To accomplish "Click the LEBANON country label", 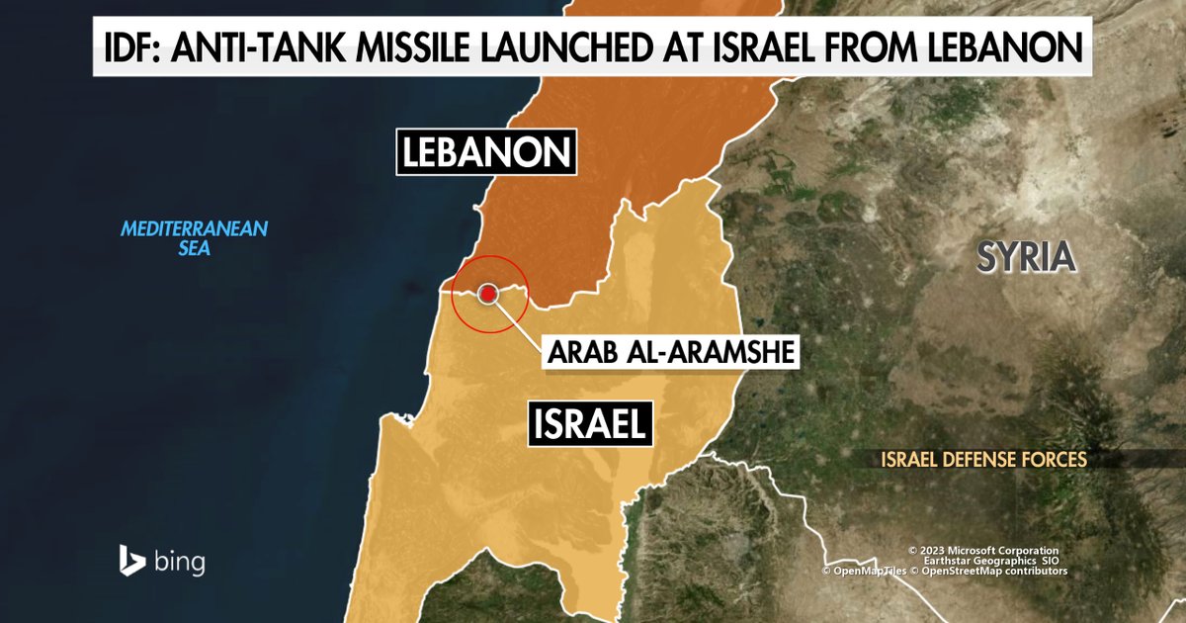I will [486, 152].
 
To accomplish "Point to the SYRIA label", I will [1025, 257].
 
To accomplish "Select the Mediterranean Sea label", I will [195, 238].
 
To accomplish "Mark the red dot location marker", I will [488, 294].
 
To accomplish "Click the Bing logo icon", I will [132, 560].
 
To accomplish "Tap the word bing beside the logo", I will [180, 563].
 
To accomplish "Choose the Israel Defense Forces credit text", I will [984, 459].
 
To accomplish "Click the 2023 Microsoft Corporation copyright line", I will [983, 551].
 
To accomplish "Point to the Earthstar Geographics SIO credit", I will [983, 561].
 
